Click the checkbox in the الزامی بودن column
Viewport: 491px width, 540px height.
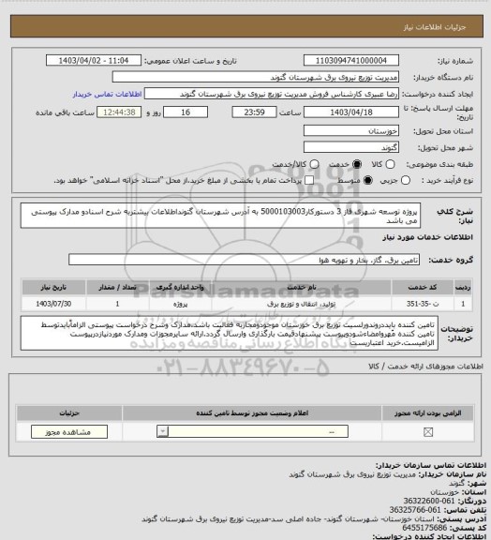click(x=428, y=431)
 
